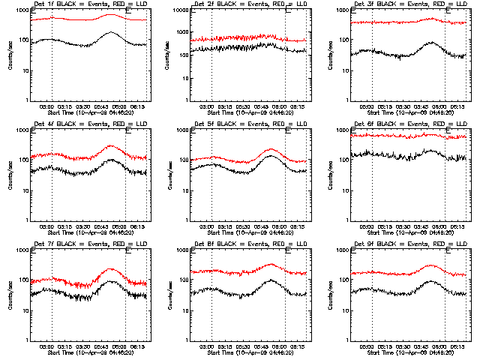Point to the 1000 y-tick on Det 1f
click(x=22, y=10)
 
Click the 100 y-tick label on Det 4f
click(x=24, y=160)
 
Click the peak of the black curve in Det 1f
click(x=111, y=32)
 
